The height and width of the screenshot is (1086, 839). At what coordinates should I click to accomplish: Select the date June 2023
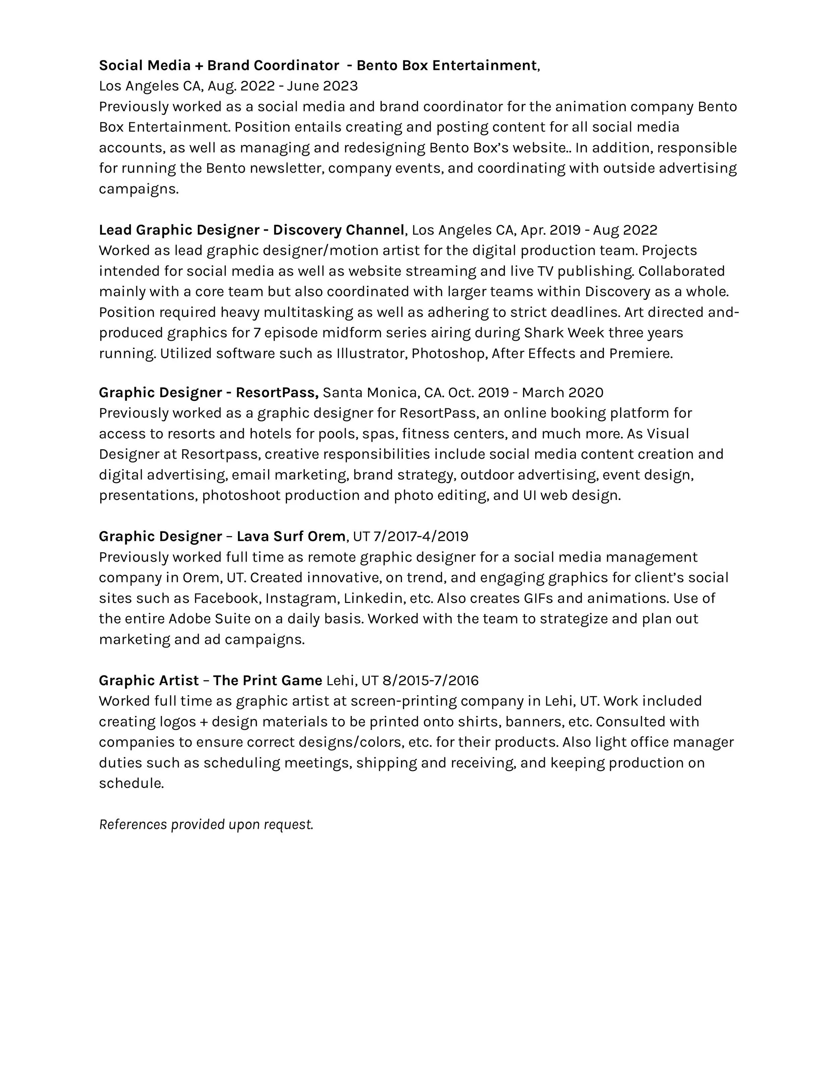tap(322, 86)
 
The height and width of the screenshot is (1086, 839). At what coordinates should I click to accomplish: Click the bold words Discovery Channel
tap(339, 230)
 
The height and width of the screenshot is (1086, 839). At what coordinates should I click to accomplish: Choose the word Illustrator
tap(371, 353)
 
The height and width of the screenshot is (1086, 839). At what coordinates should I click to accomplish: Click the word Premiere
tap(641, 353)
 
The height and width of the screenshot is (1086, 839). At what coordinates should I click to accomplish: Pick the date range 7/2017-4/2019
tap(421, 536)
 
